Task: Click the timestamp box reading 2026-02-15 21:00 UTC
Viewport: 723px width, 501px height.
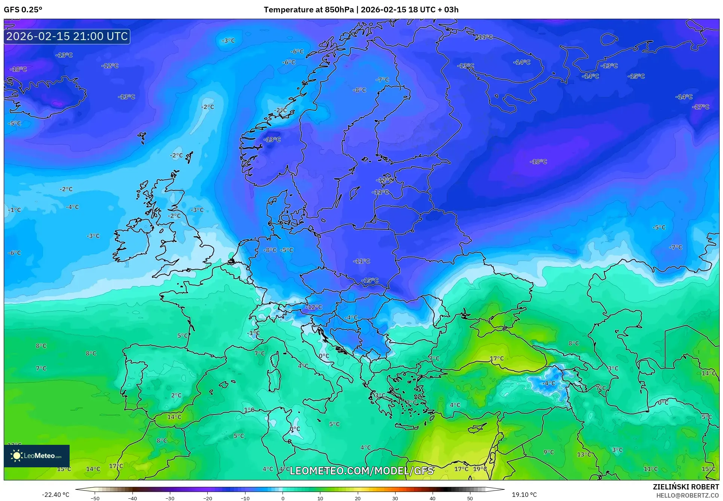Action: [x=67, y=36]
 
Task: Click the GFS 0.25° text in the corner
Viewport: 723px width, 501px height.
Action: [x=23, y=10]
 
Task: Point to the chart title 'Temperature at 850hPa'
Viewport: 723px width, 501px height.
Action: [x=308, y=10]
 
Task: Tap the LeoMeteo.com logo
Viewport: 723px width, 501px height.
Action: [x=37, y=456]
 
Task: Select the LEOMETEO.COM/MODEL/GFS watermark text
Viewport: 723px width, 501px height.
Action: [x=361, y=471]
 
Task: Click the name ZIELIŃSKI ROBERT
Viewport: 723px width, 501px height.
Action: [x=686, y=487]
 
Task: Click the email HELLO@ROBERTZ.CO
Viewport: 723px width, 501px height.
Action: [x=687, y=495]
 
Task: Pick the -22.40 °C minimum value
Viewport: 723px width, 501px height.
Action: [x=55, y=495]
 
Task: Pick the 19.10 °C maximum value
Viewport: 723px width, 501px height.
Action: [x=524, y=495]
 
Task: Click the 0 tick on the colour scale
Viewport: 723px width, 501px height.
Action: [x=283, y=498]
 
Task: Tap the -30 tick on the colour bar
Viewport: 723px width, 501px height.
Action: [x=170, y=498]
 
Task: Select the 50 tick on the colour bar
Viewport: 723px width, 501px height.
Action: [x=470, y=498]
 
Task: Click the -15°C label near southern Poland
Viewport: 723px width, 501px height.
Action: [x=370, y=280]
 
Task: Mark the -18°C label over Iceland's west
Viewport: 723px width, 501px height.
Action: [x=18, y=69]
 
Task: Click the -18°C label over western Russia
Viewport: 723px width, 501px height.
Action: [x=539, y=162]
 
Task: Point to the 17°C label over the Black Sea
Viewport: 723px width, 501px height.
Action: [x=497, y=358]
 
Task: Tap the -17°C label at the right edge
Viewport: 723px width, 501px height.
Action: [x=701, y=107]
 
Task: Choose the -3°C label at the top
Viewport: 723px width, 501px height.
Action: [x=228, y=40]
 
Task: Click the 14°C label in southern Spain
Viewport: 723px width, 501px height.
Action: [x=174, y=417]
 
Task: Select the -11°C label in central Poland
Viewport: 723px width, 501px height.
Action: [x=361, y=261]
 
